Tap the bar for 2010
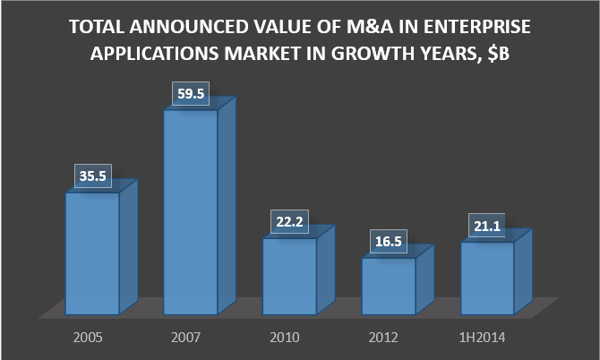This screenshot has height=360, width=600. (289, 277)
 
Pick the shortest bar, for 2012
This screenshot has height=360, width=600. (388, 286)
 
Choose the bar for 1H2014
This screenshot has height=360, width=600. (486, 279)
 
